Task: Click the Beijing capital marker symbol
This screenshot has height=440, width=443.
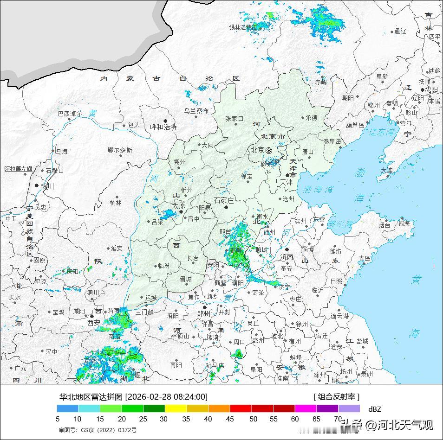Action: [x=269, y=150]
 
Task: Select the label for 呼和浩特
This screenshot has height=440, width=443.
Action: [x=163, y=127]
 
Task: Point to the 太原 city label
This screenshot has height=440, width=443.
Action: [x=179, y=205]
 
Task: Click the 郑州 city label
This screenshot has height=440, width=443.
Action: [x=203, y=313]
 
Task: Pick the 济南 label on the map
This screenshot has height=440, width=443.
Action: [x=287, y=256]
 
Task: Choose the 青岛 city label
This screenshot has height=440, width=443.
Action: [x=365, y=258]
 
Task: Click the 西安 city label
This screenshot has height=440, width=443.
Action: [x=93, y=322]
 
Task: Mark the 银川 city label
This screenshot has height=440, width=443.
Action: [x=47, y=186]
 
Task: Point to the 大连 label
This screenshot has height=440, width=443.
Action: [x=387, y=170]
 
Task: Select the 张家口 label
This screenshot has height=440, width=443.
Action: [x=234, y=119]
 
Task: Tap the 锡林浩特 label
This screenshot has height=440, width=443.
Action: [x=243, y=27]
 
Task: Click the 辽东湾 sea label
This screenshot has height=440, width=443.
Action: [x=382, y=132]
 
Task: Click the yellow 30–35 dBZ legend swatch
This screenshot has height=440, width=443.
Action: [x=176, y=408]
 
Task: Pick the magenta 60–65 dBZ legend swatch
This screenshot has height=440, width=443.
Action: [x=306, y=408]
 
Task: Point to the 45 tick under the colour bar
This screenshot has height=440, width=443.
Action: [x=230, y=419]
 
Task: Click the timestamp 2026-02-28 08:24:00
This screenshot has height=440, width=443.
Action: [x=166, y=396]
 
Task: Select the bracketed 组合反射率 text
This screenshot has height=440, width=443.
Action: [x=336, y=396]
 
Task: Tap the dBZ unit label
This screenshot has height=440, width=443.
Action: [x=374, y=409]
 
